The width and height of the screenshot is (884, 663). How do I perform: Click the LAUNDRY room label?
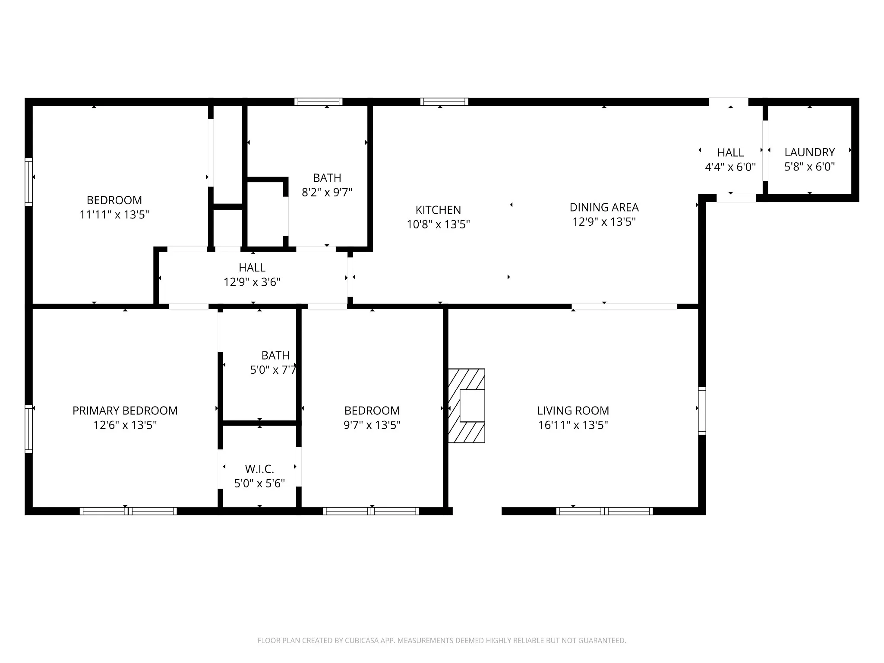point(809,152)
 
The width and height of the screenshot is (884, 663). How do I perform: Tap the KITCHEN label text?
point(438,210)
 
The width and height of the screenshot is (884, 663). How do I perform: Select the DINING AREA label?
point(604,208)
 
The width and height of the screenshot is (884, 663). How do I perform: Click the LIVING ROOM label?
point(573,410)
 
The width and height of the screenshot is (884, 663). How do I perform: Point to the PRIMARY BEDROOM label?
point(125,410)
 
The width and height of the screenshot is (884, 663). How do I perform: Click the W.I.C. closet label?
point(259,469)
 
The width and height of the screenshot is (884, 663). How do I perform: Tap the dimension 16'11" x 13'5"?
point(573,425)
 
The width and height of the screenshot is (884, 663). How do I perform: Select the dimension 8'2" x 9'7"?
point(327,192)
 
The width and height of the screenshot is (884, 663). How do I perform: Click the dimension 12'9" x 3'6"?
point(252,282)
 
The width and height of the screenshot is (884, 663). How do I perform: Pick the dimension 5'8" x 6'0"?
point(809,167)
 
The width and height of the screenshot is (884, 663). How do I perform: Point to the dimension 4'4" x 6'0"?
point(730,167)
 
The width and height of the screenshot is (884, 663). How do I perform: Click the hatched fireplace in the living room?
point(467,406)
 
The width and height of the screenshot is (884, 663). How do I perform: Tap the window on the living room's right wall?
point(702,410)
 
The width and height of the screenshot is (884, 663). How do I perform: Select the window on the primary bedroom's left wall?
point(28,429)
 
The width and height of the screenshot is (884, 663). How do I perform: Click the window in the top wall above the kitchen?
point(444,102)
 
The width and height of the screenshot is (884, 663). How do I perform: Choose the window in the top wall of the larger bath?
point(319,102)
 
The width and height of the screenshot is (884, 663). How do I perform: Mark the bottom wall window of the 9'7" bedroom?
point(371,511)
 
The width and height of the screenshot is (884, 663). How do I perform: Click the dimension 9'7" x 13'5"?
point(372,425)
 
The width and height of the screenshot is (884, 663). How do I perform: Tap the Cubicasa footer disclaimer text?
point(442,641)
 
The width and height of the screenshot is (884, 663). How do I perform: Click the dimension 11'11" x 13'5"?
point(114,215)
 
